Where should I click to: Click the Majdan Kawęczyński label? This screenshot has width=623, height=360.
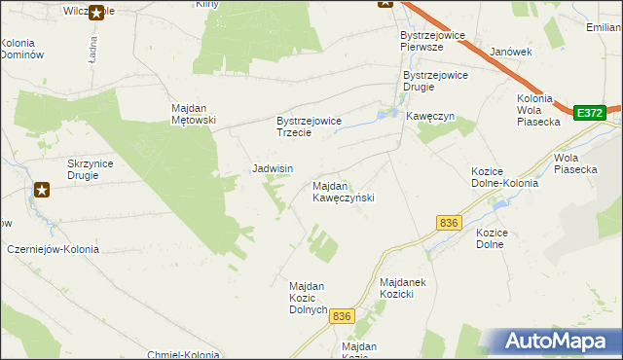click(x=343, y=191)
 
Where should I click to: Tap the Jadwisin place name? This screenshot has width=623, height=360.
click(x=273, y=168)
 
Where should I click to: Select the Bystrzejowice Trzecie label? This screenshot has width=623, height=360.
click(x=308, y=126)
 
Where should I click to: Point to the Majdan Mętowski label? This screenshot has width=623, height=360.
click(x=193, y=114)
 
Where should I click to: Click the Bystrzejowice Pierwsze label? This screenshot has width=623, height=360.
click(x=435, y=40)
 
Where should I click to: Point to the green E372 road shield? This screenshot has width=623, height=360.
click(x=588, y=113)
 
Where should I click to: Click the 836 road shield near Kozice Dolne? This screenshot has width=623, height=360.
click(x=449, y=224)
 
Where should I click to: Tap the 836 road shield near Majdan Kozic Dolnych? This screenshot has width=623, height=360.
click(x=341, y=316)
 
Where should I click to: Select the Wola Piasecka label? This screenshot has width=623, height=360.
click(x=574, y=162)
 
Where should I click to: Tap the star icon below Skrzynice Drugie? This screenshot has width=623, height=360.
click(x=43, y=191)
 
